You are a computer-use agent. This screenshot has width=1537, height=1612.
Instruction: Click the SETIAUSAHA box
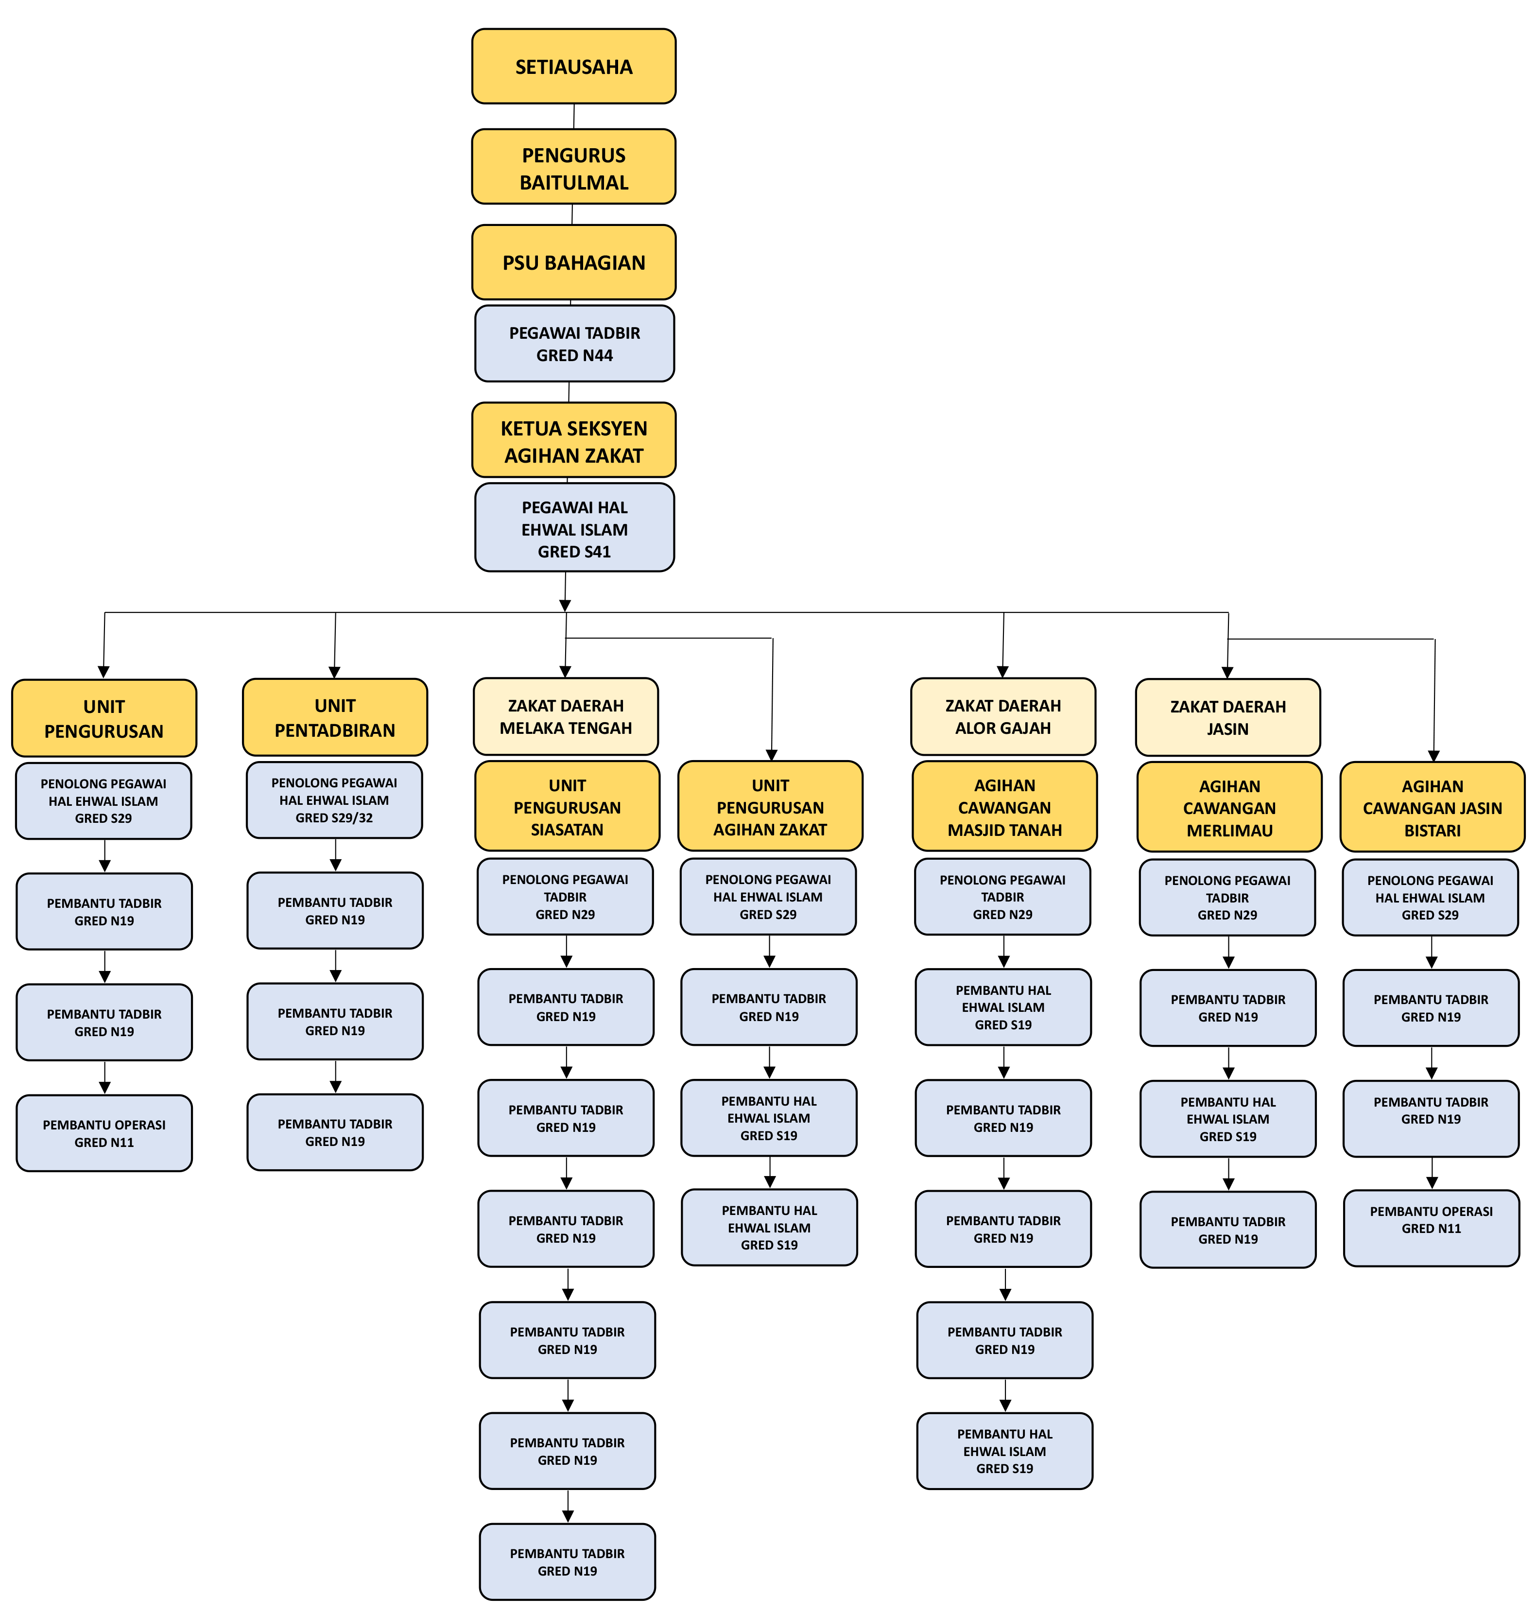(573, 67)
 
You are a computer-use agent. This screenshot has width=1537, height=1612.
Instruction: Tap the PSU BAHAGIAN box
(573, 262)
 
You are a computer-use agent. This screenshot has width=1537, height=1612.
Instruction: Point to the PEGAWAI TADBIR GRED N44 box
(574, 344)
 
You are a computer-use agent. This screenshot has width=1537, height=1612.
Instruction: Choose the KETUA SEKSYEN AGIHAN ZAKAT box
(573, 441)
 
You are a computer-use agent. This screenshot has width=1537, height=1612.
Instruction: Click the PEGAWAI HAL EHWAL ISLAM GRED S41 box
(574, 529)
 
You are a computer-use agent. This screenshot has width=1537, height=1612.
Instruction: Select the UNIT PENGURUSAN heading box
(104, 718)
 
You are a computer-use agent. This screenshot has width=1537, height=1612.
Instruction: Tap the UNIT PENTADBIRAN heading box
(335, 717)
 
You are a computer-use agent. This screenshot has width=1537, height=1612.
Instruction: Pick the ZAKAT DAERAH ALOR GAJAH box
(1003, 716)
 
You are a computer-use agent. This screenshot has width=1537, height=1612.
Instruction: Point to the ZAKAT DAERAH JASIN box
(1227, 717)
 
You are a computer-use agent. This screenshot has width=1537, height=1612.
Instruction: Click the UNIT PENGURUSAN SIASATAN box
(567, 806)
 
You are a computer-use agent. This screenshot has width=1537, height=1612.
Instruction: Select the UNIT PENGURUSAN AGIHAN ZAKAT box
(770, 806)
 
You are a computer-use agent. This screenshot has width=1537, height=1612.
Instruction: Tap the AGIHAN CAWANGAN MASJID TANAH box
(1004, 806)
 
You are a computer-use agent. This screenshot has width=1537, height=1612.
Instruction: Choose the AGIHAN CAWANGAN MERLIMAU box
(1229, 807)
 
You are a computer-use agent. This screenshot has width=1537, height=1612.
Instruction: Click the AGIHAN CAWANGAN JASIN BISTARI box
(1432, 807)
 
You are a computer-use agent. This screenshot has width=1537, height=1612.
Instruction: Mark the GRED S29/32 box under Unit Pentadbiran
(334, 800)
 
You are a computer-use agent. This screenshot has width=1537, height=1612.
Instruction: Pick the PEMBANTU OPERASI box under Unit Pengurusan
(104, 1133)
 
